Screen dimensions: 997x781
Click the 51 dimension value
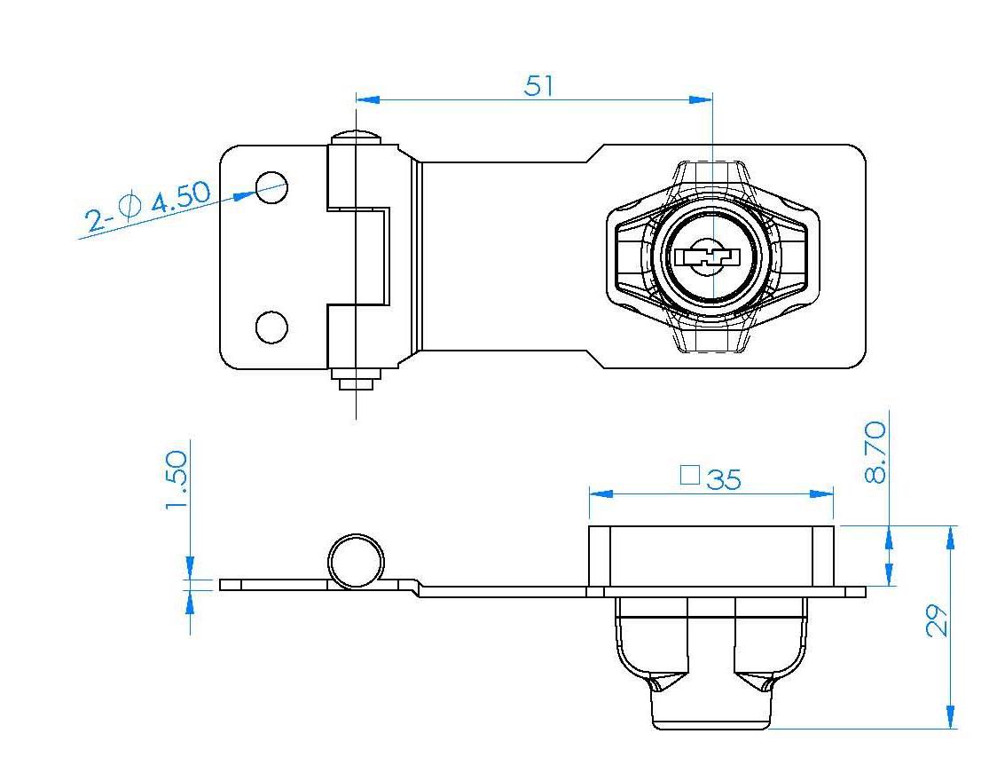click(x=538, y=86)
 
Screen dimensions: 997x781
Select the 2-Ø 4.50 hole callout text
click(x=147, y=206)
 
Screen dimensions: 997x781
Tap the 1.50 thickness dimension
click(x=177, y=480)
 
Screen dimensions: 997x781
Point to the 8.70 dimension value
click(x=876, y=453)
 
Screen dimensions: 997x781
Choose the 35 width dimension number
click(x=724, y=479)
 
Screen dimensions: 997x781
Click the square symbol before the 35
click(x=690, y=475)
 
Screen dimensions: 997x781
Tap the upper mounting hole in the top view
click(x=271, y=187)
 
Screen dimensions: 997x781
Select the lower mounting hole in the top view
click(x=271, y=327)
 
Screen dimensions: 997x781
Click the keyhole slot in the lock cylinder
click(x=708, y=257)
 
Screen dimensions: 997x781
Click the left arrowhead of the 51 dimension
click(x=367, y=100)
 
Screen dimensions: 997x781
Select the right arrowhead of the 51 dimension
click(x=701, y=100)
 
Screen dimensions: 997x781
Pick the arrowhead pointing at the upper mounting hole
click(x=246, y=195)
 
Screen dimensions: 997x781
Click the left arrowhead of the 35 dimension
click(x=601, y=493)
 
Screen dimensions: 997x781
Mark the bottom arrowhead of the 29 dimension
click(x=951, y=717)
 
